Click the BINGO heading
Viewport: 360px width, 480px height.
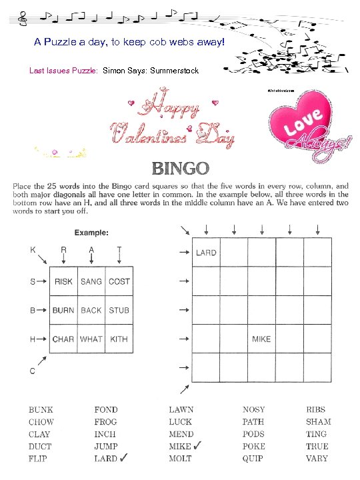(181, 168)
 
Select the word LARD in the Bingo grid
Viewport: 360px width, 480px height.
(205, 253)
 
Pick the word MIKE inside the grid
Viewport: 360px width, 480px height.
(261, 339)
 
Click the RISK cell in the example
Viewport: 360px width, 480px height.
(64, 281)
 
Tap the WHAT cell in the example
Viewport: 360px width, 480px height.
(91, 339)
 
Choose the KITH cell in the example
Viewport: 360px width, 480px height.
(119, 339)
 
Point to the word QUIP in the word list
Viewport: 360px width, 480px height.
(253, 458)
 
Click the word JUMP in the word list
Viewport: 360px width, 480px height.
(105, 446)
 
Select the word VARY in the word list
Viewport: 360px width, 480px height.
(317, 458)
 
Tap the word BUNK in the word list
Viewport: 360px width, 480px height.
(41, 410)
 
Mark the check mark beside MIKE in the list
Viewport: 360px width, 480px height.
(199, 445)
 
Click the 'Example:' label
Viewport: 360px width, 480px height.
(91, 232)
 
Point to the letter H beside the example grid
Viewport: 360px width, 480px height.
(32, 339)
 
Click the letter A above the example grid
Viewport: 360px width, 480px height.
(91, 249)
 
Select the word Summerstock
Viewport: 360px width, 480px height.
(174, 70)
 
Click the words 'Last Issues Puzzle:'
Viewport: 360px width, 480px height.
(64, 70)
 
